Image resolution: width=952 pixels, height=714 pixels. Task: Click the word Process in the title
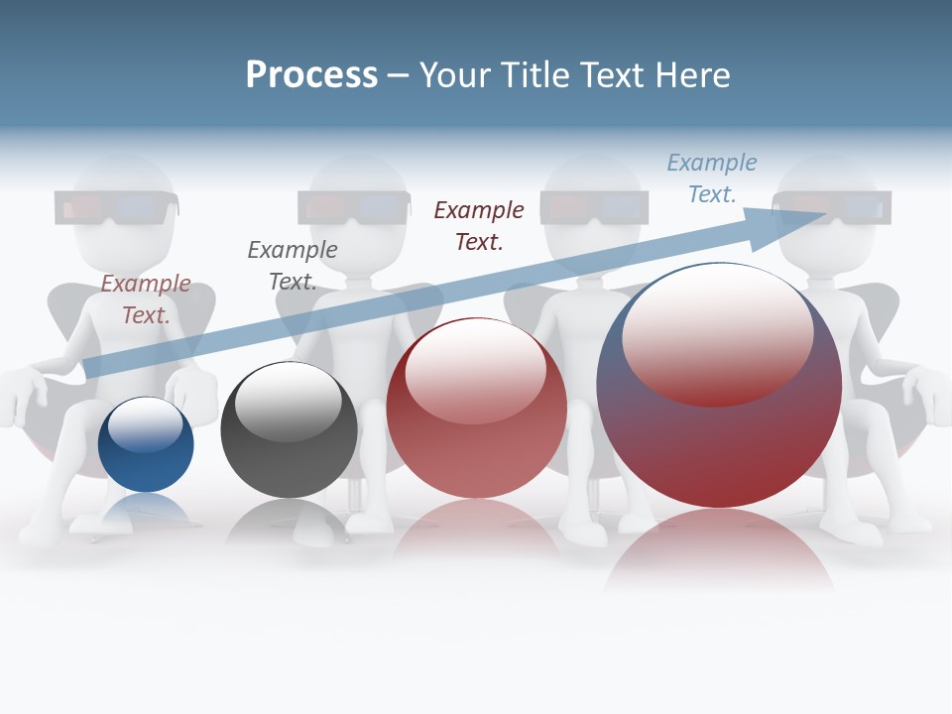click(311, 75)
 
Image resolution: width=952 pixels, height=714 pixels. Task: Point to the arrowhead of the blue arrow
click(793, 222)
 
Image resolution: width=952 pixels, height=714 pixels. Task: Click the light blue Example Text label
click(712, 178)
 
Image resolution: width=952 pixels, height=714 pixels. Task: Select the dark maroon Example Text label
click(479, 225)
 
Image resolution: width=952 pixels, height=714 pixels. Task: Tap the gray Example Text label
click(293, 265)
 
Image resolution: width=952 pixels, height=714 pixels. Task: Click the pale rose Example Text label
click(146, 298)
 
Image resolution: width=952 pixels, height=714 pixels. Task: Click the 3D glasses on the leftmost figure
click(117, 208)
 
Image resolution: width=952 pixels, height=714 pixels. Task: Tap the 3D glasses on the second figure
click(354, 207)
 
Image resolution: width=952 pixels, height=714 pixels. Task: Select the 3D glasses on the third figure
click(595, 207)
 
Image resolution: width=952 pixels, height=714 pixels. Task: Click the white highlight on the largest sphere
click(717, 332)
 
